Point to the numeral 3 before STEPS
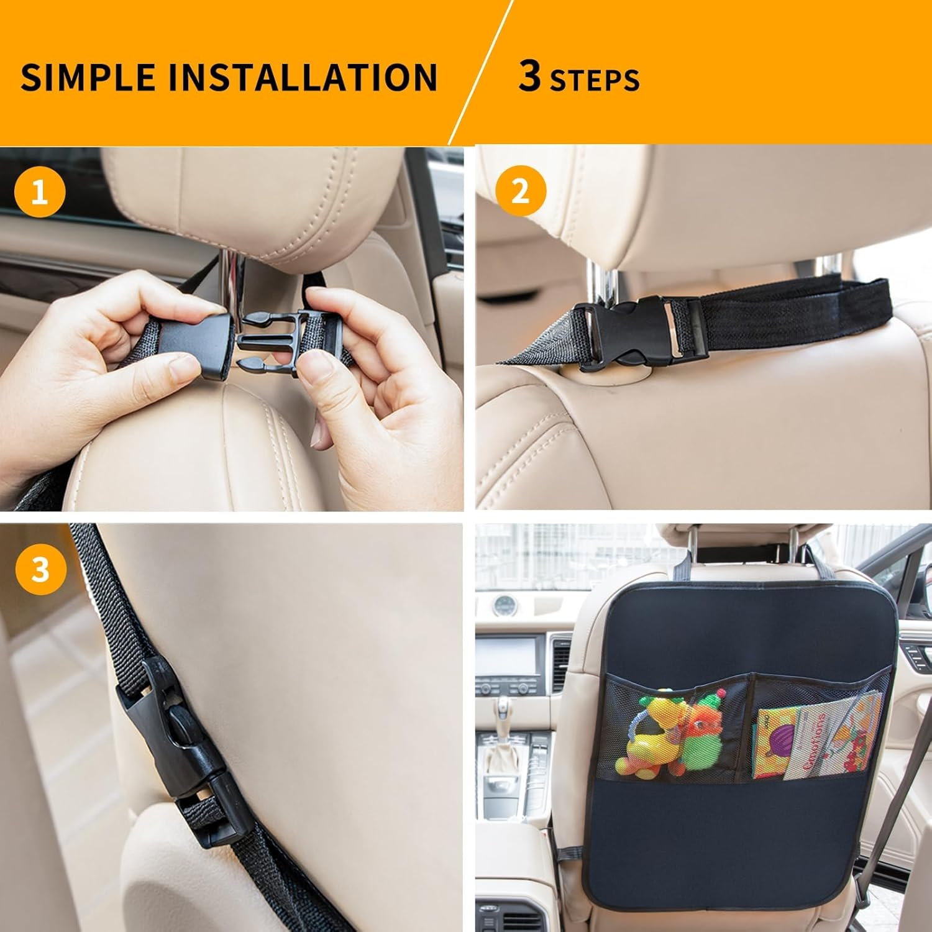[529, 77]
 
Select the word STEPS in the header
[595, 80]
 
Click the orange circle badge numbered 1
[40, 193]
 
